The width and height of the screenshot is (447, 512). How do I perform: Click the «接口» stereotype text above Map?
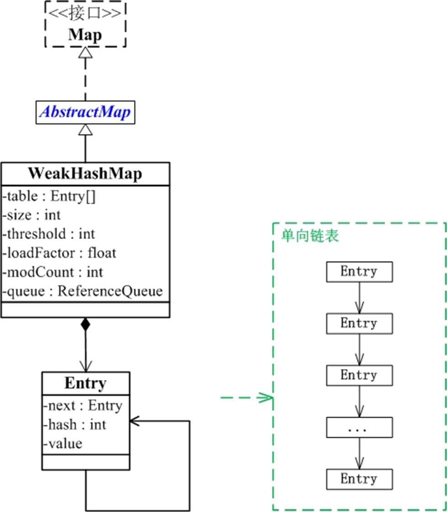pyautogui.click(x=85, y=12)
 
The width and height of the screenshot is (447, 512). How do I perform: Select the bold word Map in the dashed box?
pyautogui.click(x=85, y=35)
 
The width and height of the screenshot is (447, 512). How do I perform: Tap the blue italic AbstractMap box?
pyautogui.click(x=86, y=113)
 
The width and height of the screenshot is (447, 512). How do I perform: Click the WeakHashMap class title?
pyautogui.click(x=85, y=174)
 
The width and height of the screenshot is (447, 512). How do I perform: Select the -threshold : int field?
pyautogui.click(x=49, y=234)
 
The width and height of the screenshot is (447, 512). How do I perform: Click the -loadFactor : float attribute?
pyautogui.click(x=59, y=253)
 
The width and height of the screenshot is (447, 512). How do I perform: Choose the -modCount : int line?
pyautogui.click(x=53, y=272)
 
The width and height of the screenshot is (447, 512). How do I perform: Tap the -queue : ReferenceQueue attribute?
pyautogui.click(x=83, y=291)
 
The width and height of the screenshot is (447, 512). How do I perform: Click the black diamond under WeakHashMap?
pyautogui.click(x=85, y=325)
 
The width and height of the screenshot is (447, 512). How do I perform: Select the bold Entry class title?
pyautogui.click(x=85, y=383)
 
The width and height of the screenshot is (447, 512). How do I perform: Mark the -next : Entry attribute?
pyautogui.click(x=83, y=405)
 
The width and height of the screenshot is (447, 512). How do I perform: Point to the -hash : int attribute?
pyautogui.click(x=74, y=424)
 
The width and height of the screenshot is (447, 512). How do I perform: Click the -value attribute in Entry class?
pyautogui.click(x=63, y=443)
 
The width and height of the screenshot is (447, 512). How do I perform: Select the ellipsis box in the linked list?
pyautogui.click(x=359, y=428)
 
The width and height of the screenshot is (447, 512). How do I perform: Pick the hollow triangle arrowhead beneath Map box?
pyautogui.click(x=85, y=53)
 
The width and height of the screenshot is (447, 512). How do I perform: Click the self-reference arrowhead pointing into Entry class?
pyautogui.click(x=135, y=421)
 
